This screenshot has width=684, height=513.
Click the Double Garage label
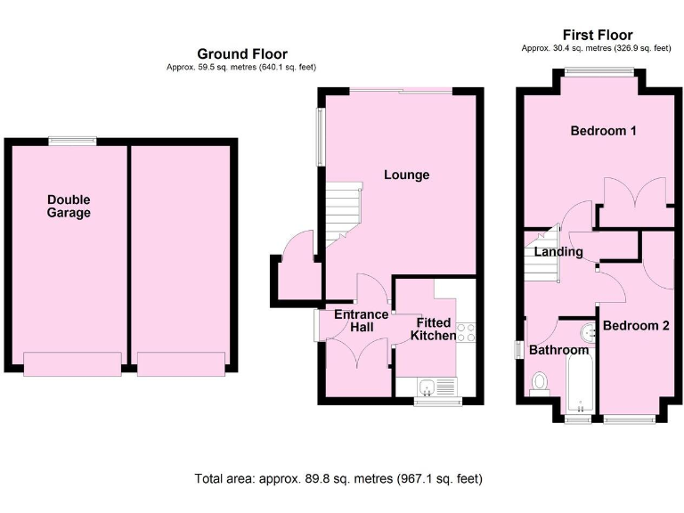click(69, 207)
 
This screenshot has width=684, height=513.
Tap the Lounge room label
click(406, 175)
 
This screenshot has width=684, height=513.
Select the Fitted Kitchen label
click(431, 329)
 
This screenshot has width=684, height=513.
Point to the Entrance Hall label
click(361, 321)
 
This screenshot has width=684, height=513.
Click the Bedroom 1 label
click(603, 131)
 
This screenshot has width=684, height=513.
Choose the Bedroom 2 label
click(635, 326)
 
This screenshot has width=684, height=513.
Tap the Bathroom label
click(558, 351)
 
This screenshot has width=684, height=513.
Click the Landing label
click(558, 252)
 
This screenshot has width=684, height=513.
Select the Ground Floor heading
click(241, 54)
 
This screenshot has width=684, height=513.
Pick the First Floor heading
click(597, 36)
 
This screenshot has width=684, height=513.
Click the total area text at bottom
click(338, 478)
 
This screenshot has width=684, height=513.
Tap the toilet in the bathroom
click(539, 382)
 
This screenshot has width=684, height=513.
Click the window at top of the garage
click(72, 140)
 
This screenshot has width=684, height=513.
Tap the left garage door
click(71, 363)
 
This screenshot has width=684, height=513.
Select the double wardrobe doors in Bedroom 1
click(635, 194)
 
